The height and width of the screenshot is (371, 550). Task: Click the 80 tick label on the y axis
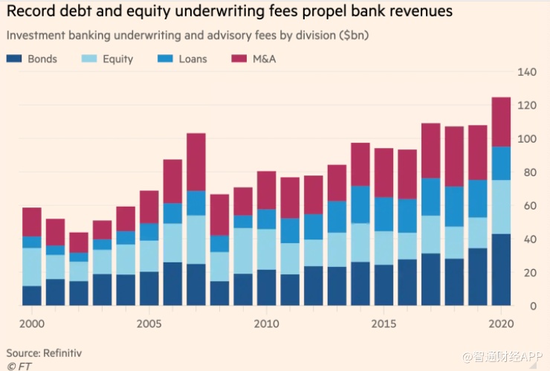(528, 172)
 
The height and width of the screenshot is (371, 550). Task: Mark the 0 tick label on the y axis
(532, 306)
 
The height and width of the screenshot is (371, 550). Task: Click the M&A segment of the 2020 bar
(502, 121)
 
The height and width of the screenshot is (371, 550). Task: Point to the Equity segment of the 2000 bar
(32, 266)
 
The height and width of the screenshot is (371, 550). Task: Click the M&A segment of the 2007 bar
(196, 161)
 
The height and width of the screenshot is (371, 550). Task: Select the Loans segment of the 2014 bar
(360, 204)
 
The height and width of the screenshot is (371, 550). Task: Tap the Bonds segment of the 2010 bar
(267, 287)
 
